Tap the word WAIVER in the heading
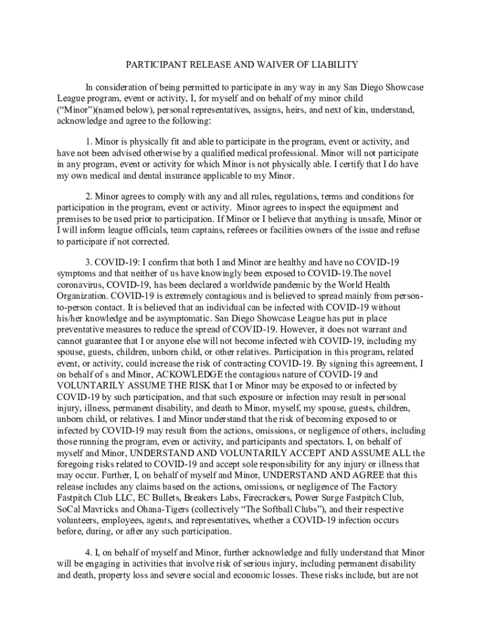pyautogui.click(x=266, y=65)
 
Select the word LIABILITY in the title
pyautogui.click(x=333, y=65)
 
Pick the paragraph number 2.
pyautogui.click(x=89, y=196)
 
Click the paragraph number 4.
pyautogui.click(x=89, y=552)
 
